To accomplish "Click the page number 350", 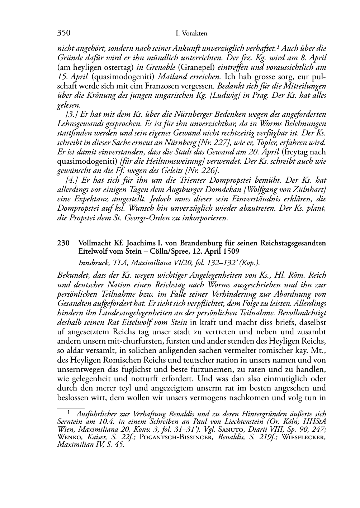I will pyautogui.click(x=63, y=33).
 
